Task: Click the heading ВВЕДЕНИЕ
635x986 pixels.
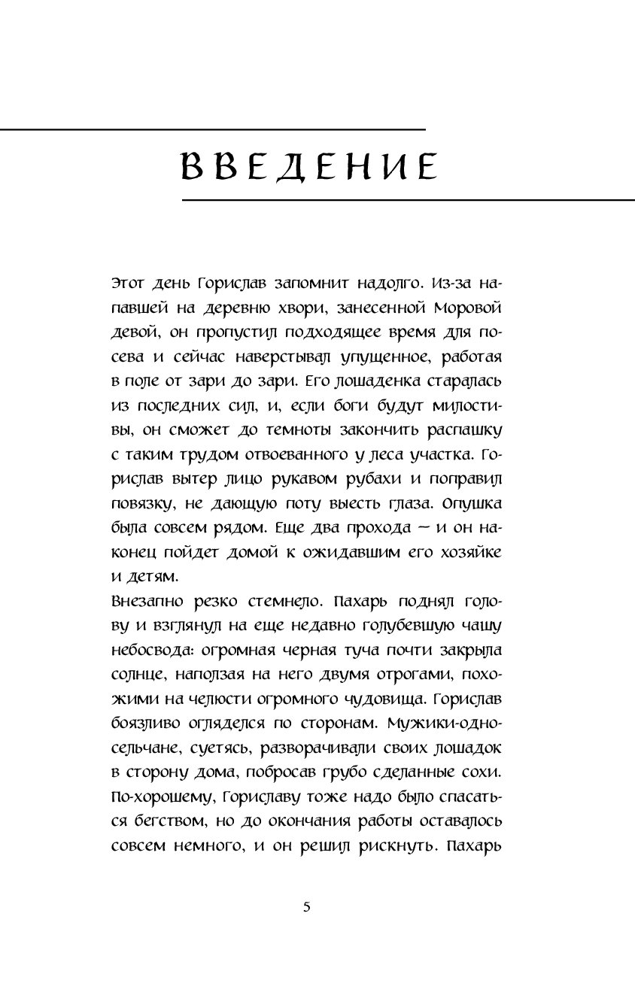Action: click(x=310, y=166)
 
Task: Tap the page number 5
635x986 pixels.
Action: click(x=306, y=906)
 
